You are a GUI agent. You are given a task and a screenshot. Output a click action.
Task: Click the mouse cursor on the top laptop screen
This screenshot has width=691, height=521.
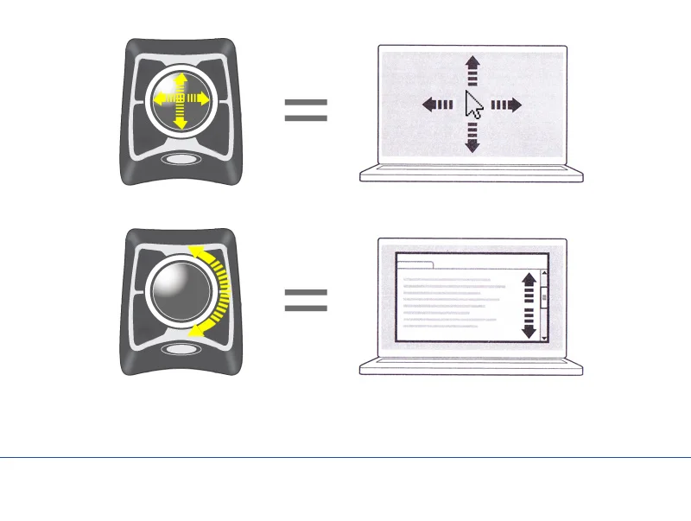473,105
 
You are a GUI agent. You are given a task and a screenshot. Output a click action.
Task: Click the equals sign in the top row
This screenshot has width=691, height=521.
306,110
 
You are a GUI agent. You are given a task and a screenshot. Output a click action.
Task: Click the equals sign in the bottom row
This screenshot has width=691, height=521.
306,300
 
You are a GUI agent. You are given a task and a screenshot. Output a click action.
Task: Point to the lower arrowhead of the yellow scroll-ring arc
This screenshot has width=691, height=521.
199,331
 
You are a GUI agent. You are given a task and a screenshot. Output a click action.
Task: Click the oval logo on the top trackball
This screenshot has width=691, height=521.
181,159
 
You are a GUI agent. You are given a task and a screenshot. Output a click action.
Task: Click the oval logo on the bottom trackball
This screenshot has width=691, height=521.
181,350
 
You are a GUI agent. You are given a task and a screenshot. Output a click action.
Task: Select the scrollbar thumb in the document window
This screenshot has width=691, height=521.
544,299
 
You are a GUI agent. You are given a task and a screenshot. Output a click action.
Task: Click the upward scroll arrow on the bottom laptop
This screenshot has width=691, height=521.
544,274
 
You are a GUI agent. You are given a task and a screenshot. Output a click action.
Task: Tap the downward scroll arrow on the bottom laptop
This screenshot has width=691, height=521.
544,338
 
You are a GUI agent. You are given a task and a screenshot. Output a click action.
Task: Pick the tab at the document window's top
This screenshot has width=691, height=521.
415,264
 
